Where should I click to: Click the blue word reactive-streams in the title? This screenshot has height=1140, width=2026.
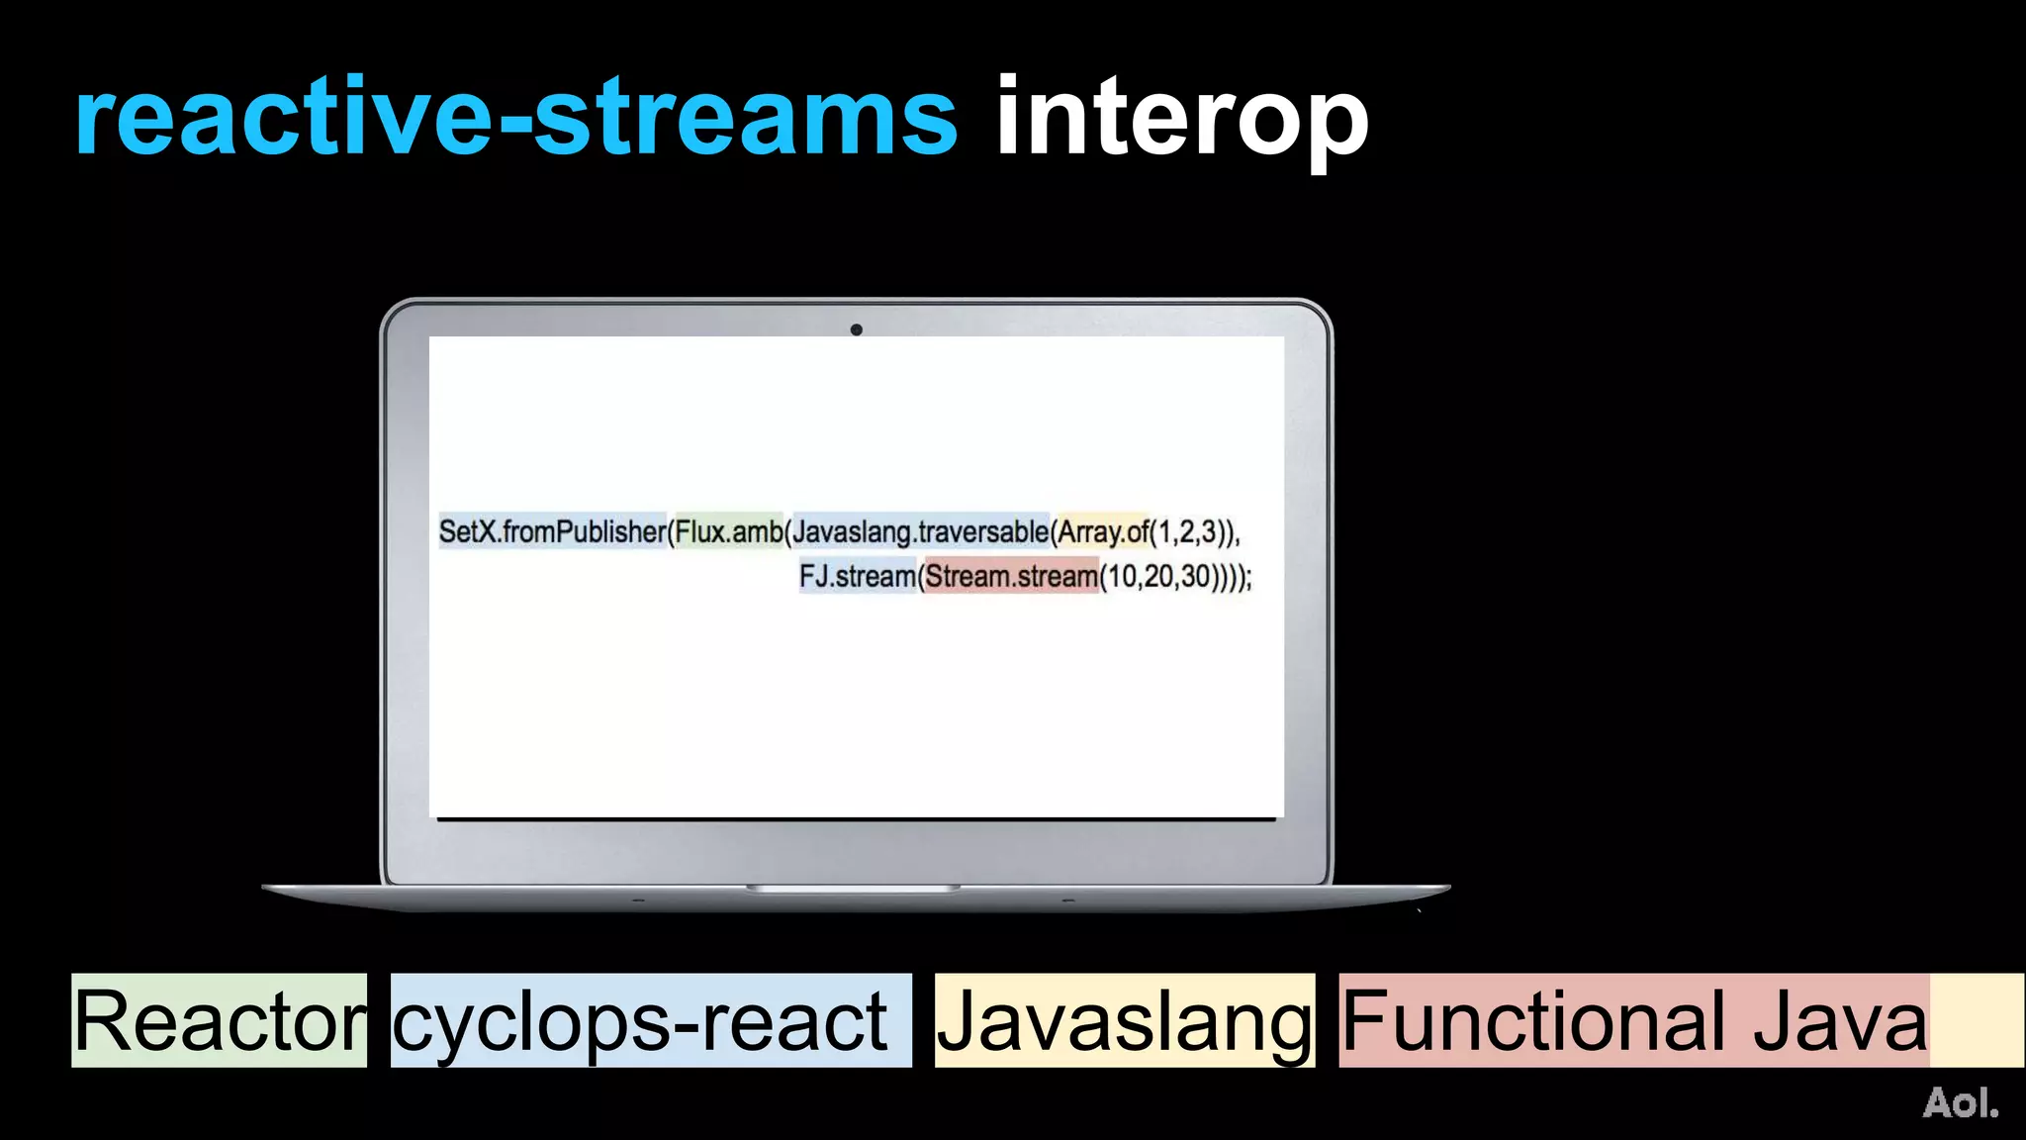click(x=515, y=119)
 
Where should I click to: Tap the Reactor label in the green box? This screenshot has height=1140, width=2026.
click(x=220, y=1021)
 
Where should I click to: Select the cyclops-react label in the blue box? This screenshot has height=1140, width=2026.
click(x=641, y=1021)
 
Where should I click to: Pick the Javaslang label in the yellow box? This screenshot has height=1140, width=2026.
click(x=1124, y=1021)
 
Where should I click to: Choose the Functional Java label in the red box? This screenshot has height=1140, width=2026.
click(x=1634, y=1021)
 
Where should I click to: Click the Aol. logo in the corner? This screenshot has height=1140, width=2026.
click(x=1960, y=1102)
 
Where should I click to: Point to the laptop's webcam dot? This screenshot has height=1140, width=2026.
click(x=857, y=330)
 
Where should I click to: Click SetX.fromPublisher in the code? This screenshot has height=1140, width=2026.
click(x=552, y=532)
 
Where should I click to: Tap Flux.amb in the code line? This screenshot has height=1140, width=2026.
click(x=728, y=532)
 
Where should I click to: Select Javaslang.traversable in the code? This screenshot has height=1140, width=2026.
click(x=920, y=532)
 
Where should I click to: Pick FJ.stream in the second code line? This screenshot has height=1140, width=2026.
click(x=858, y=576)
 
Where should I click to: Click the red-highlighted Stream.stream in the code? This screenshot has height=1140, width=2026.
click(x=1011, y=576)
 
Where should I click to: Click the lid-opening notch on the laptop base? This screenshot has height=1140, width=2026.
click(x=853, y=889)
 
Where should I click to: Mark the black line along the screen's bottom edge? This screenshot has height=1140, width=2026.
click(x=857, y=818)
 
